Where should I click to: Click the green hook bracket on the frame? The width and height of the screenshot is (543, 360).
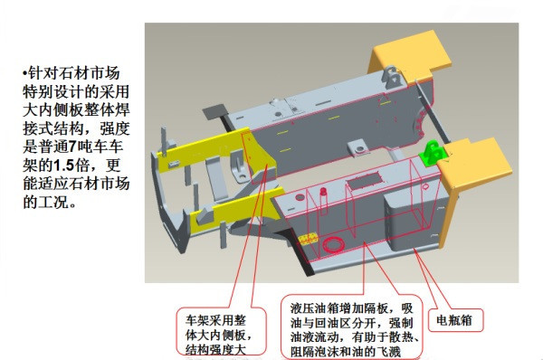(x=432, y=152)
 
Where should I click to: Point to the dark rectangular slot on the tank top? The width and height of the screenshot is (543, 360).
(x=364, y=182)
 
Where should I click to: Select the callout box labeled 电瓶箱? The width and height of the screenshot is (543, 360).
(x=461, y=319)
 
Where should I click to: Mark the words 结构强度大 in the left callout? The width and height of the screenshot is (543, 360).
(x=216, y=347)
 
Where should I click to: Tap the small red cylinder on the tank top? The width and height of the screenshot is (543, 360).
(x=323, y=194)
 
